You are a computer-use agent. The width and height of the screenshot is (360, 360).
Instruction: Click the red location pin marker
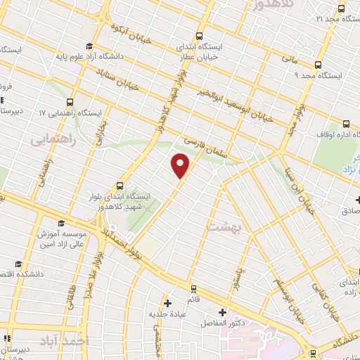pyautogui.click(x=181, y=165)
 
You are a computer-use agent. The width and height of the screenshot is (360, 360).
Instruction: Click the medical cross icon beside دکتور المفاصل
pyautogui.click(x=223, y=311)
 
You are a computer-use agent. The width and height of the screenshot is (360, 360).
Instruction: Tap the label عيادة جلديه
pyautogui.click(x=167, y=314)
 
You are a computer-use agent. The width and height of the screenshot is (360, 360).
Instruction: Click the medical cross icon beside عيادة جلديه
pyautogui.click(x=167, y=303)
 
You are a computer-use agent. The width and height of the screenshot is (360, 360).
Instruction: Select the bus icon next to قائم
pyautogui.click(x=193, y=288)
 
